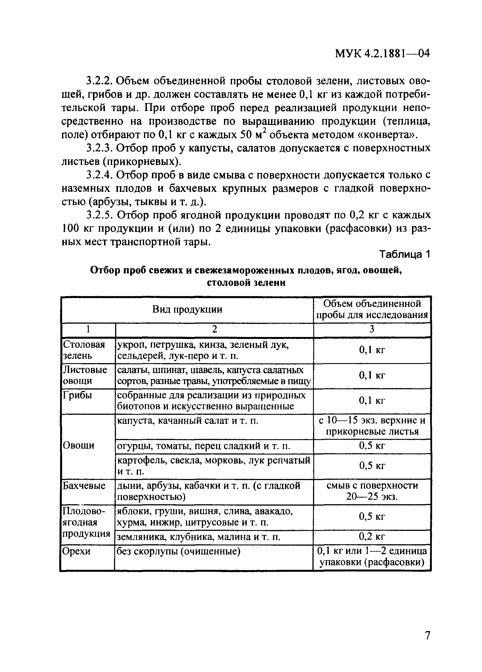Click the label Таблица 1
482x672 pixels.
click(404, 254)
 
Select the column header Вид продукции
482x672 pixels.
click(187, 309)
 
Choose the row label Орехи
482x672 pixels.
click(76, 551)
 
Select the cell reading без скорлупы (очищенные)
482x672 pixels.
click(178, 551)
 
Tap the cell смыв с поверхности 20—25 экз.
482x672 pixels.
click(372, 491)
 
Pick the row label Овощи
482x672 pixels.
click(79, 445)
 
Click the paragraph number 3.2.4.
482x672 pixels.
click(100, 175)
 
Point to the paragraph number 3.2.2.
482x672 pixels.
click(100, 81)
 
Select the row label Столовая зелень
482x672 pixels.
click(84, 350)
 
